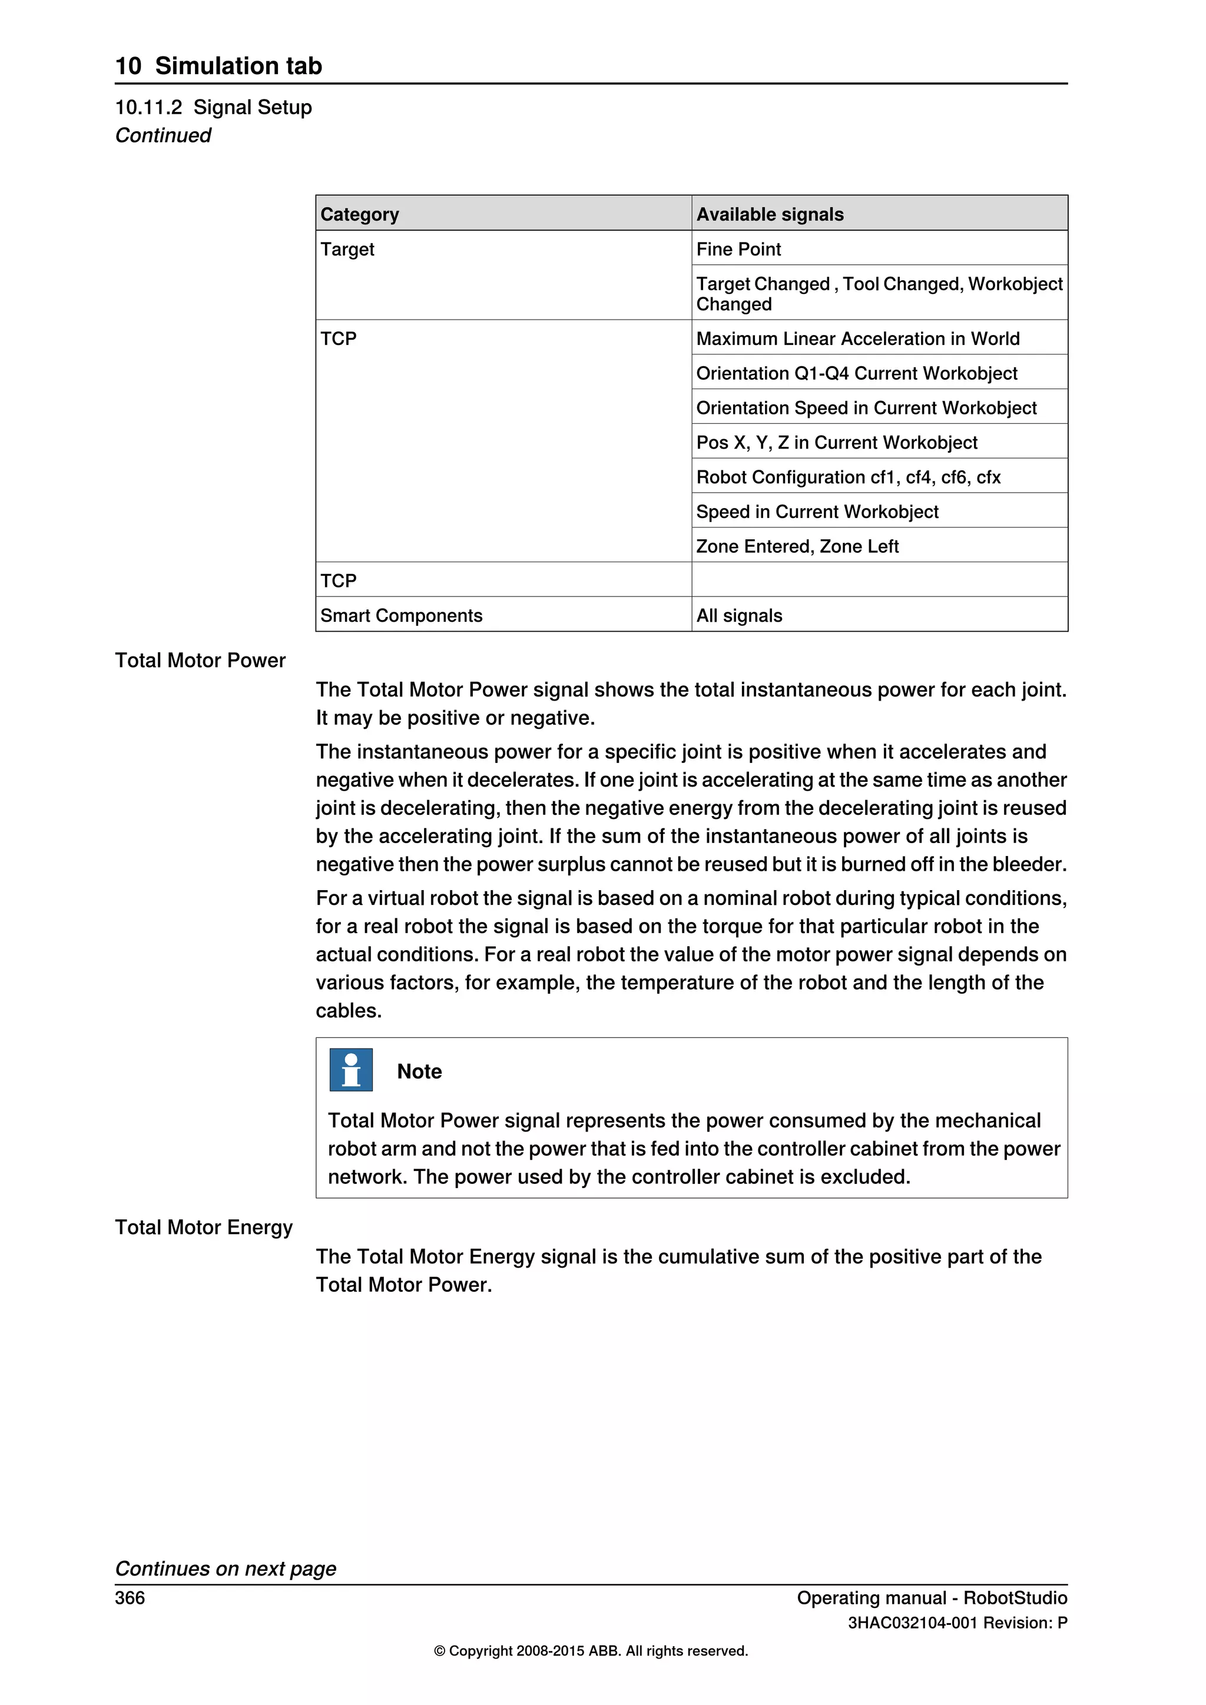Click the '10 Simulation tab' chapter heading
tap(218, 65)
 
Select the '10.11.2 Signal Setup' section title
tap(213, 107)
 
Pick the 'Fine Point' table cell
tap(738, 249)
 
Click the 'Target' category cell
tap(347, 249)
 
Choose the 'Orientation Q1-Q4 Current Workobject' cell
tap(856, 373)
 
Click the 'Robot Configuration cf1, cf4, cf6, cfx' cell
tap(848, 477)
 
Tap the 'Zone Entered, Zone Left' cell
tap(797, 546)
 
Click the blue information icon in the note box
tap(350, 1069)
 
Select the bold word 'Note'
tap(419, 1071)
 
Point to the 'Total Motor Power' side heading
tap(200, 660)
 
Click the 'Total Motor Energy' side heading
tap(204, 1227)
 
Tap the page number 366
tap(130, 1597)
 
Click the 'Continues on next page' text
tap(225, 1568)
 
